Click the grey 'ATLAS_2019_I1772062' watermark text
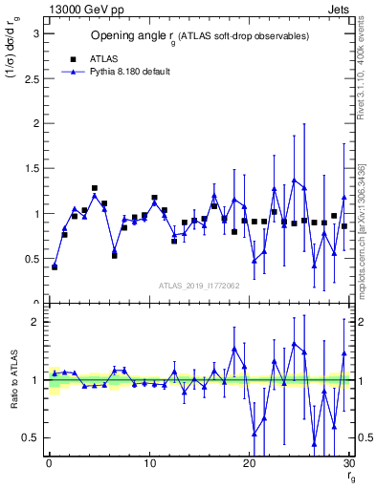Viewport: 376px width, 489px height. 198,285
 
